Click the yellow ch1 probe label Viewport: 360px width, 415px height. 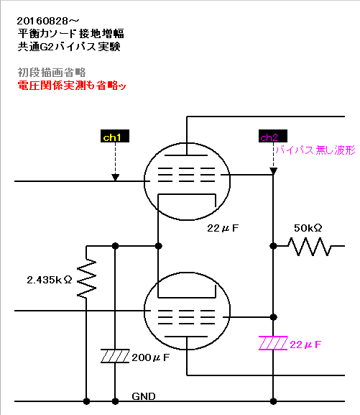[115, 136]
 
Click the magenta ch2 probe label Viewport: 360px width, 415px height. [273, 136]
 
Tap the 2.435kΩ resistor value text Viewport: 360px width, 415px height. [50, 280]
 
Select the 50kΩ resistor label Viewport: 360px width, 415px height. [308, 228]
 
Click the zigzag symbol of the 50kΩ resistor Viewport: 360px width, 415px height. [309, 247]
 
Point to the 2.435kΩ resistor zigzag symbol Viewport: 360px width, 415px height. [86, 278]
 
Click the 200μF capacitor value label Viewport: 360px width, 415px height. [150, 357]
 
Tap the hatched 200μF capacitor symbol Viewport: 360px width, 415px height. [115, 356]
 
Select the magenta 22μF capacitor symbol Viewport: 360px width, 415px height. [273, 343]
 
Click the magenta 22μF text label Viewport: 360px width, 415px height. [305, 345]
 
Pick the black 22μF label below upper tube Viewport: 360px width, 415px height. [223, 228]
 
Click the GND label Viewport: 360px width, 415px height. [144, 396]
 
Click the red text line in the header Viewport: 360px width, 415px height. [72, 86]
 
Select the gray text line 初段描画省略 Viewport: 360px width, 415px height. [52, 72]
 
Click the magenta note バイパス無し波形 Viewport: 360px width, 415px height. [315, 150]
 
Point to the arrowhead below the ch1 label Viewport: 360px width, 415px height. [115, 178]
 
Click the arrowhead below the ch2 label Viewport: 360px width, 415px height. [273, 171]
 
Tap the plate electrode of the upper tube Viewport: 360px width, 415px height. [186, 155]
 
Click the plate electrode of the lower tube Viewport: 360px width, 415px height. [186, 337]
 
